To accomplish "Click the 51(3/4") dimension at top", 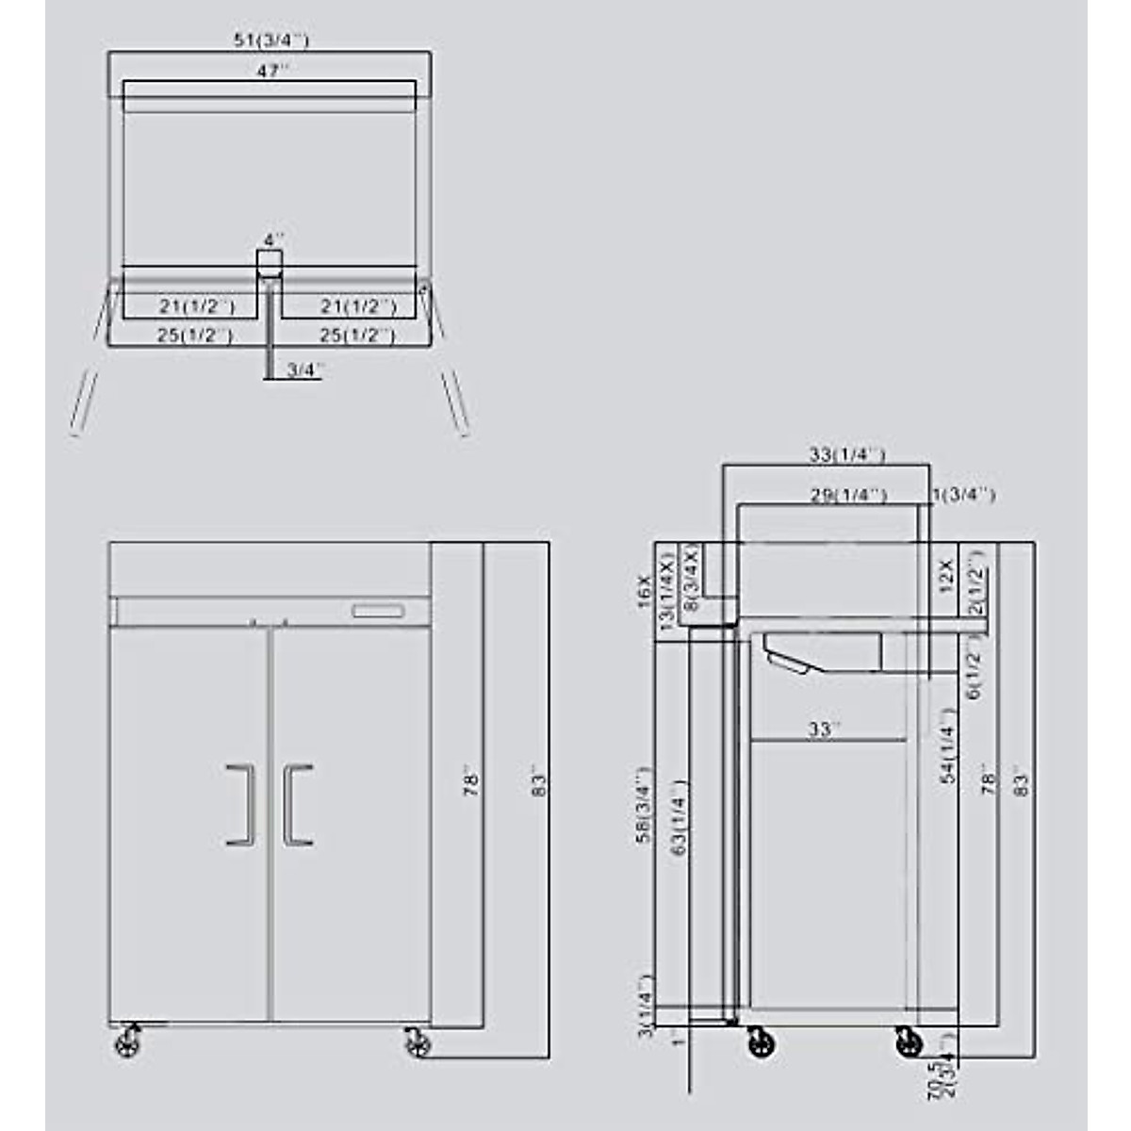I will pyautogui.click(x=271, y=40).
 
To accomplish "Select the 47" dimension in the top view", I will pyautogui.click(x=271, y=71).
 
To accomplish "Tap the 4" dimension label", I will pyautogui.click(x=273, y=240).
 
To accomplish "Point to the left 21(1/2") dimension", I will pyautogui.click(x=196, y=306).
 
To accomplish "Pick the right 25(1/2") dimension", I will pyautogui.click(x=356, y=335).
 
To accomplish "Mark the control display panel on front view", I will pyautogui.click(x=378, y=613).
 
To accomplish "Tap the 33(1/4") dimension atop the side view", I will pyautogui.click(x=847, y=455).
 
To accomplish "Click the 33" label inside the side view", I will pyautogui.click(x=823, y=729).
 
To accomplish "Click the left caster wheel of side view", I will pyautogui.click(x=762, y=1043).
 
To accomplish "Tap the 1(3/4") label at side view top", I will pyautogui.click(x=963, y=495).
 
